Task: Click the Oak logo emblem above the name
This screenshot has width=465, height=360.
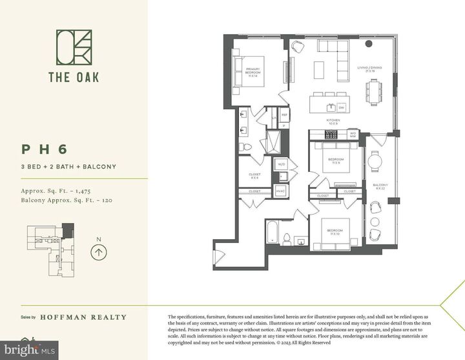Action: click(74, 48)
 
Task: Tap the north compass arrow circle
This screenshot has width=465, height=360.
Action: click(98, 251)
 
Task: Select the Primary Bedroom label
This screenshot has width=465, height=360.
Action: click(253, 72)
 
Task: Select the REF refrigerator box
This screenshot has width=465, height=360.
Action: click(284, 115)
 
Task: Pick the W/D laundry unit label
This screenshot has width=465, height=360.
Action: click(282, 165)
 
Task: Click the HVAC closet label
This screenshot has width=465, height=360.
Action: click(281, 191)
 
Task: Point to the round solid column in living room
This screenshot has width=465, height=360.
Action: click(369, 44)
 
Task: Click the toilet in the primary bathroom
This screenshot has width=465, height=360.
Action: click(245, 147)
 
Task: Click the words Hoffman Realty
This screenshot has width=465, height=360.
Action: click(83, 317)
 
